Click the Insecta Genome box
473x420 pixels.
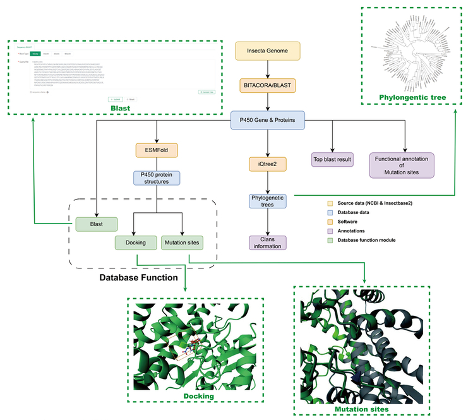(268, 51)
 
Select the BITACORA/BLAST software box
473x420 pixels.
(268, 84)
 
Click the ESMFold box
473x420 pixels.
(156, 150)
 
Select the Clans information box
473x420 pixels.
(268, 243)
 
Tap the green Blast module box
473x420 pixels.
(96, 224)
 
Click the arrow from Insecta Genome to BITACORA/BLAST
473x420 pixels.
(268, 67)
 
